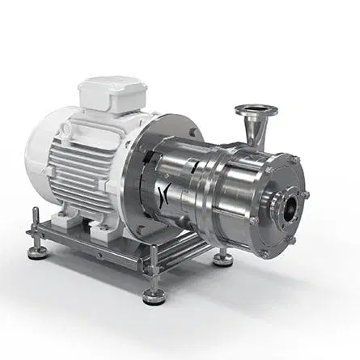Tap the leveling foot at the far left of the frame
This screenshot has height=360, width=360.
(x=36, y=252)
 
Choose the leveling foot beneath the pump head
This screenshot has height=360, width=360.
(x=223, y=259)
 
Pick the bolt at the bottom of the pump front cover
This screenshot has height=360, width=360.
(x=265, y=252)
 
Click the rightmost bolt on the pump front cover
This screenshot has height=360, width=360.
(x=305, y=195)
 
